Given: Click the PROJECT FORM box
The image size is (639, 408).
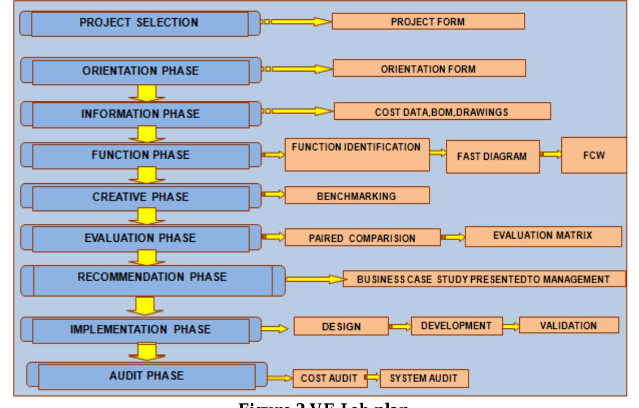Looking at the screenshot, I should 428,22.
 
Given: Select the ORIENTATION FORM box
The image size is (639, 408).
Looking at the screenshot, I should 429,69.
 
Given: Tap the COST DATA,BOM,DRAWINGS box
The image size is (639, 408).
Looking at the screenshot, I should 442,112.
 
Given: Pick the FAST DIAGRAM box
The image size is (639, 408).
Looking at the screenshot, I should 492,156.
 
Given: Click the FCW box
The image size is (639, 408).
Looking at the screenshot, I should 594,155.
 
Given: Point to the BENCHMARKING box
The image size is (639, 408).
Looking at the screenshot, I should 357,196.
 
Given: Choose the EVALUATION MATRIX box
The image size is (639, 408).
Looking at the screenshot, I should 543,236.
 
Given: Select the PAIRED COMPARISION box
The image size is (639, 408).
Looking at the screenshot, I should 362,238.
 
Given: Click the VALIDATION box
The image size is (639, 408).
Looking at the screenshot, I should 569,326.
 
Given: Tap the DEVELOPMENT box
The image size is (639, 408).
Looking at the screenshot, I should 456,326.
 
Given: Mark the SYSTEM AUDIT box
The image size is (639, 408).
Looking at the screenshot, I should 424,378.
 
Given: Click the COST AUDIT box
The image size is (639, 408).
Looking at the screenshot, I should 330,378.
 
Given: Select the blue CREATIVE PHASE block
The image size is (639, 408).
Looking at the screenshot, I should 140,197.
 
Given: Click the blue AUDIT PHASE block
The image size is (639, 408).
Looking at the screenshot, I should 147,376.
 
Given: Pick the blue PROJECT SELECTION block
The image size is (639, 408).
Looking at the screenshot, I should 139,23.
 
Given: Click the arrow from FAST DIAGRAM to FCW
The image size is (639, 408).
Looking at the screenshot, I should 550,154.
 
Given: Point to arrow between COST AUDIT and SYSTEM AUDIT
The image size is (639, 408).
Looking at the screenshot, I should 373,378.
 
